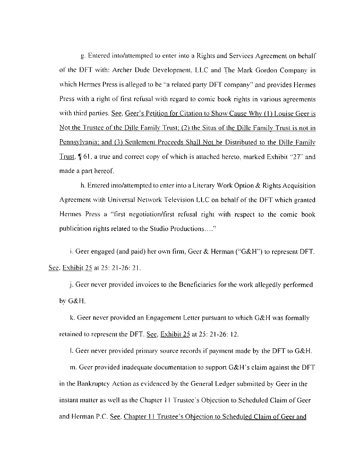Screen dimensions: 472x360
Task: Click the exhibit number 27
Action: (x=293, y=157)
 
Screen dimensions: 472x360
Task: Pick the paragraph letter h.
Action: (x=82, y=186)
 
